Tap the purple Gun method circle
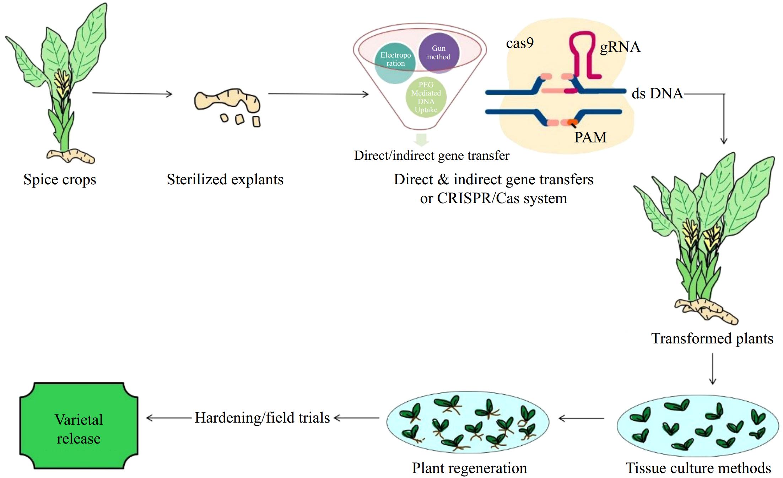click(x=439, y=53)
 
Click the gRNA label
click(x=620, y=47)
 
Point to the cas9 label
click(x=520, y=43)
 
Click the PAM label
click(x=590, y=137)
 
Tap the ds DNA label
click(x=657, y=94)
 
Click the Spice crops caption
click(x=60, y=179)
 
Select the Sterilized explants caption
click(x=225, y=179)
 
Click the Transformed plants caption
click(x=712, y=338)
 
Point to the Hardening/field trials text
click(x=262, y=418)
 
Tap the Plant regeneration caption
click(x=469, y=468)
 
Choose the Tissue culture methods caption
click(x=698, y=468)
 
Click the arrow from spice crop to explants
click(x=132, y=93)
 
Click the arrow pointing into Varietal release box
click(x=169, y=418)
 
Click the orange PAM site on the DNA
click(x=572, y=123)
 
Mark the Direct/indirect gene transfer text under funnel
click(x=432, y=156)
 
